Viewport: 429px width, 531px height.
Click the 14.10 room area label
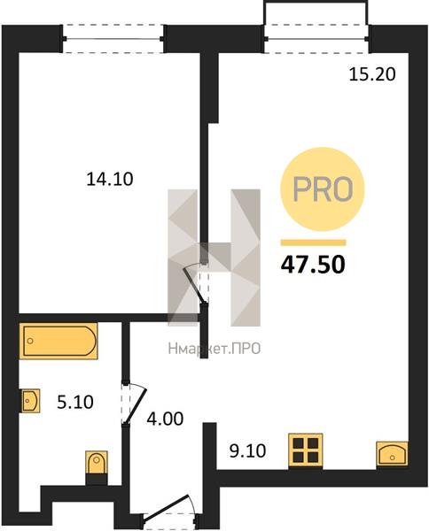[110, 179]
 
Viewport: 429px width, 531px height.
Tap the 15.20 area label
[372, 74]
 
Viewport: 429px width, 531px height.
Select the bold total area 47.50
[313, 265]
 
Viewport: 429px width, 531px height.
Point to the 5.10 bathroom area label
[75, 403]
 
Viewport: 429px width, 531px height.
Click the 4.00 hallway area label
[165, 419]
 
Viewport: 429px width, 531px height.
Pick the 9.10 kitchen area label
[247, 450]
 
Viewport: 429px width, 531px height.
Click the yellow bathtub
[59, 341]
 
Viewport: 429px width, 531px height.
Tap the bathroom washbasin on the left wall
[30, 401]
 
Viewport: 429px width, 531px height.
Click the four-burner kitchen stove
[306, 450]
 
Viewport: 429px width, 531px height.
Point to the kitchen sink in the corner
[392, 453]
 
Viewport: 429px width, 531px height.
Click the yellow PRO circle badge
[322, 189]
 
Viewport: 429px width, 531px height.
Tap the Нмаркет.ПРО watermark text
[214, 349]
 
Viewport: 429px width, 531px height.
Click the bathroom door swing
[134, 404]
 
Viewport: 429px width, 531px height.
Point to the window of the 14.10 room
[113, 39]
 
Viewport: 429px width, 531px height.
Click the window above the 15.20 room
[316, 39]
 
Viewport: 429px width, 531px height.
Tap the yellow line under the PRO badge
[314, 242]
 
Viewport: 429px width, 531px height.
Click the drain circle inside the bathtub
[30, 341]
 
